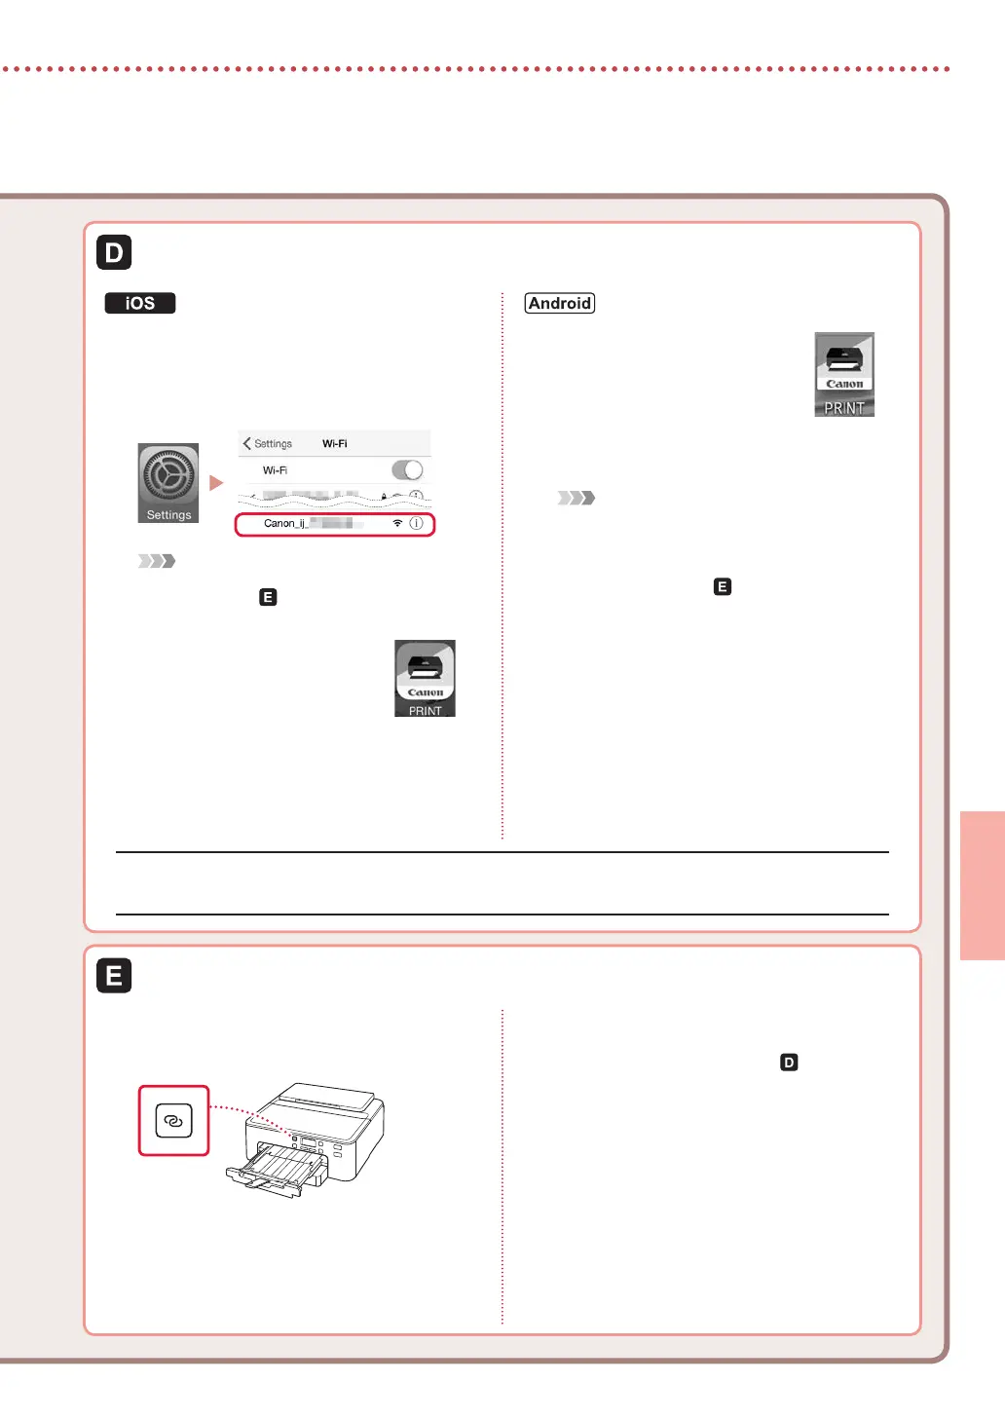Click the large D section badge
tap(114, 252)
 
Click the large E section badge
tap(114, 975)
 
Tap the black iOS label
tap(140, 303)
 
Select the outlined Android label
tap(559, 303)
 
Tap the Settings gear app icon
tap(168, 483)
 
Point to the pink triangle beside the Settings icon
tap(216, 483)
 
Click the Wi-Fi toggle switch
tap(407, 470)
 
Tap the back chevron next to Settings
tap(247, 443)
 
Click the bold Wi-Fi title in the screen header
tap(334, 443)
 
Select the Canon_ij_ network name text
tap(285, 523)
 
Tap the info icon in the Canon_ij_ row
tap(416, 523)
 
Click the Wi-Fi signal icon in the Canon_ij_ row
tap(397, 523)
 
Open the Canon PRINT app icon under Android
tap(844, 374)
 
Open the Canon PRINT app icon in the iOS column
tap(425, 679)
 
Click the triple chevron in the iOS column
tap(157, 561)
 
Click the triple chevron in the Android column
tap(577, 498)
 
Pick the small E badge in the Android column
tap(722, 586)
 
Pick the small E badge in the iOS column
tap(268, 597)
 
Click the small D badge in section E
tap(789, 1063)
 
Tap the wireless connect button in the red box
tap(173, 1121)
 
